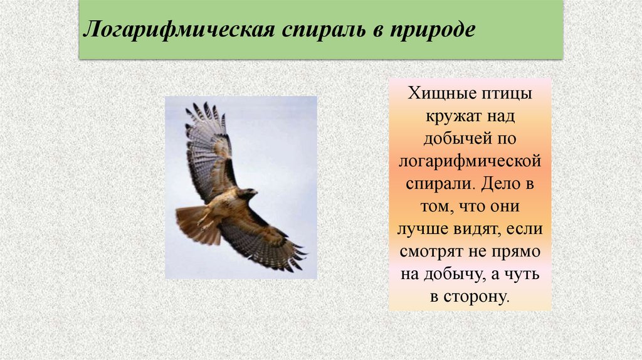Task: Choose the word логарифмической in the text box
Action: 470,162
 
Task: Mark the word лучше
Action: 424,230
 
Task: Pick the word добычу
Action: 458,275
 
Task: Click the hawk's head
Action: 248,194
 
